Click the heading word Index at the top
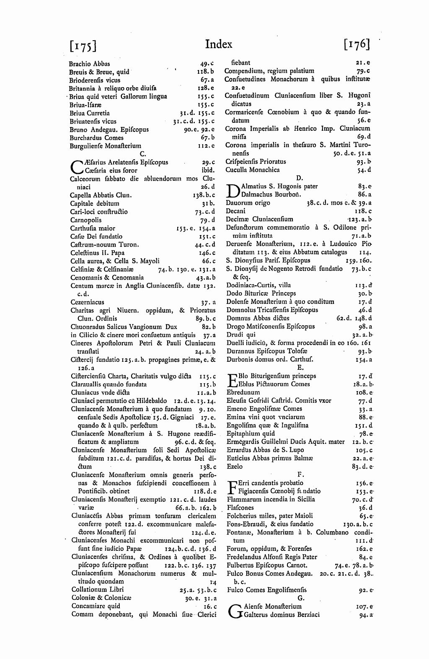coord(219,44)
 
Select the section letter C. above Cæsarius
coord(142,154)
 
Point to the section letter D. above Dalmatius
coord(299,178)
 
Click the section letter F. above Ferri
coord(300,474)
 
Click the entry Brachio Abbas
coord(90,64)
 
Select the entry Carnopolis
coord(85,220)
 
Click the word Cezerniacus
coord(87,302)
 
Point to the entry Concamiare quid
coord(96,606)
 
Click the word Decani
coord(236,211)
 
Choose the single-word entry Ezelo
coord(234,466)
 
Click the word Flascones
coord(240,508)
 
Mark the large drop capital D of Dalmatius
coord(232,191)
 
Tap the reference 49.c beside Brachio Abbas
coord(207,64)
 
